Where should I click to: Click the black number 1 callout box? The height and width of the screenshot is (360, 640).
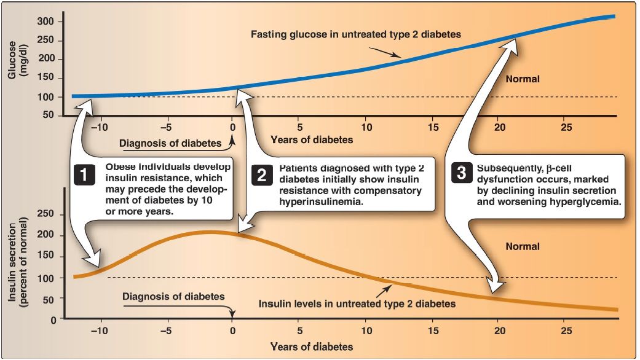[85, 175]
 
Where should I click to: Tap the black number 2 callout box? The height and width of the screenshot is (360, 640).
[261, 175]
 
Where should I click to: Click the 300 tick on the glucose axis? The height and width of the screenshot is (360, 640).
[48, 22]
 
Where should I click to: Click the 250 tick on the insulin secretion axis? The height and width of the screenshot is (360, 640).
[48, 214]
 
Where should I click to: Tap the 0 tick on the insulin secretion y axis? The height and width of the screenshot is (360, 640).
[53, 320]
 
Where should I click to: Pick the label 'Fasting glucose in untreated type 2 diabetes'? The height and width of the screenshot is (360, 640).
[355, 34]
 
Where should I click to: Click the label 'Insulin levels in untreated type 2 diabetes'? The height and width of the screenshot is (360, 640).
[357, 303]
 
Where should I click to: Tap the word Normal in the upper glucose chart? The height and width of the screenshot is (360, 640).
[523, 79]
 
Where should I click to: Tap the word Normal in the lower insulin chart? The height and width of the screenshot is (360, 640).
[523, 246]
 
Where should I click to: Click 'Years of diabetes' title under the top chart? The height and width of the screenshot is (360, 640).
[312, 139]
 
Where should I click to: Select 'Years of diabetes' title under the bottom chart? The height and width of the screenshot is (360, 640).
[312, 346]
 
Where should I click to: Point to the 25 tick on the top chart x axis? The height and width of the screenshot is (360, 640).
[566, 127]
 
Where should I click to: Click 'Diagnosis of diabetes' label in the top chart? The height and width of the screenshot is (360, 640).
[170, 144]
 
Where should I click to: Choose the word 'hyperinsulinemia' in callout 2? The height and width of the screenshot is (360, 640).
[320, 201]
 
